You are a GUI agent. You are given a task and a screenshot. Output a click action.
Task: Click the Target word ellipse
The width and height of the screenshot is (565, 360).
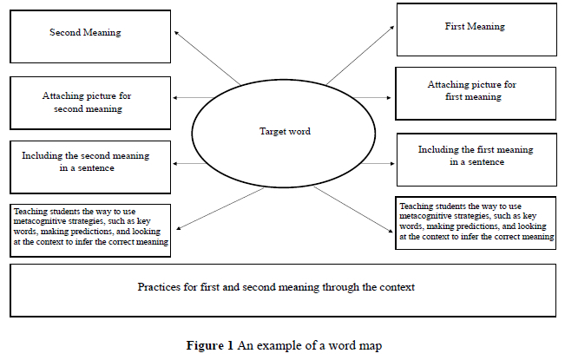(x=284, y=132)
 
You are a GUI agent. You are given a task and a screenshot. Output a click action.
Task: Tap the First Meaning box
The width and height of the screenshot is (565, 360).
(x=474, y=29)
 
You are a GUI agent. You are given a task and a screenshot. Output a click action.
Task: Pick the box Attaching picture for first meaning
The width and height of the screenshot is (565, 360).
(x=474, y=93)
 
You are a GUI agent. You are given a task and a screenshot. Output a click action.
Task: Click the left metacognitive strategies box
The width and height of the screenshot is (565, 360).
(x=91, y=230)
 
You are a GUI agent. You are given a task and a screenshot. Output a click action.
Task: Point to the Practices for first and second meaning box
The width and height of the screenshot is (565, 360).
(x=281, y=291)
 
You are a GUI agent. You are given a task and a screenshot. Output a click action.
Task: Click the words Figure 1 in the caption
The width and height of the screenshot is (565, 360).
(x=210, y=345)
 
